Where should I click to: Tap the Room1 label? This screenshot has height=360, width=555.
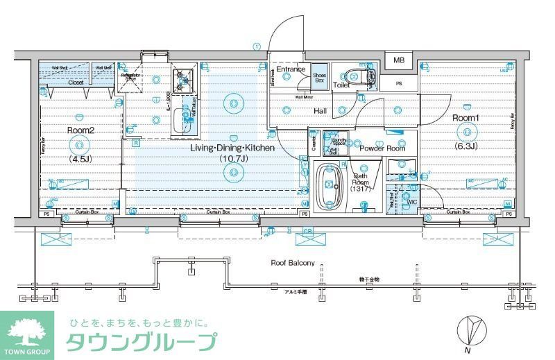pyautogui.click(x=466, y=118)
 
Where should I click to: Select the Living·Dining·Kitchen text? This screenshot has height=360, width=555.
pyautogui.click(x=233, y=148)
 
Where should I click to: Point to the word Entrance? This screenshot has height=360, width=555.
pyautogui.click(x=291, y=69)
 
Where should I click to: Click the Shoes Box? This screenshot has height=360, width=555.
pyautogui.click(x=319, y=77)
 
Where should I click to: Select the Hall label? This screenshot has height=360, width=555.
pyautogui.click(x=321, y=111)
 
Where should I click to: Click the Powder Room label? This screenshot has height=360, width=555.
pyautogui.click(x=382, y=148)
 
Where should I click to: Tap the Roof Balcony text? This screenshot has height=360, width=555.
pyautogui.click(x=292, y=263)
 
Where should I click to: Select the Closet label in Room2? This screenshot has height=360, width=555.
pyautogui.click(x=76, y=83)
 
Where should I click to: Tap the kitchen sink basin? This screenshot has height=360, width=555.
pyautogui.click(x=186, y=118)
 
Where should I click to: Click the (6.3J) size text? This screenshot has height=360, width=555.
pyautogui.click(x=465, y=146)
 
